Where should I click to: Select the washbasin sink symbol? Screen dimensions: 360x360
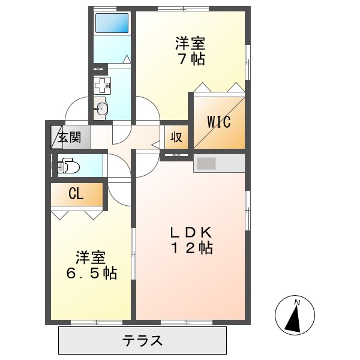(x=101, y=109)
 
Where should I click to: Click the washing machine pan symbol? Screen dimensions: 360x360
(x=103, y=85)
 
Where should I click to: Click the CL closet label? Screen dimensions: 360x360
(x=76, y=194)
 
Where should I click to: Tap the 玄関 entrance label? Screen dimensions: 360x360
(x=70, y=137)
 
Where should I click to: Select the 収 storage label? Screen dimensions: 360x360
(x=176, y=137)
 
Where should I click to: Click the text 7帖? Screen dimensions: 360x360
(x=191, y=59)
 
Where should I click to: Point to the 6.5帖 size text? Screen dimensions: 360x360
(x=91, y=274)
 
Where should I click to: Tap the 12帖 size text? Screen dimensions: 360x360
(x=190, y=248)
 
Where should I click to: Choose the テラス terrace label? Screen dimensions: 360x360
(x=143, y=341)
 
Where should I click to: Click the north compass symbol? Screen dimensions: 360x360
(x=295, y=315)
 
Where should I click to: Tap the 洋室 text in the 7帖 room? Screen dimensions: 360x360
(x=191, y=44)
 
